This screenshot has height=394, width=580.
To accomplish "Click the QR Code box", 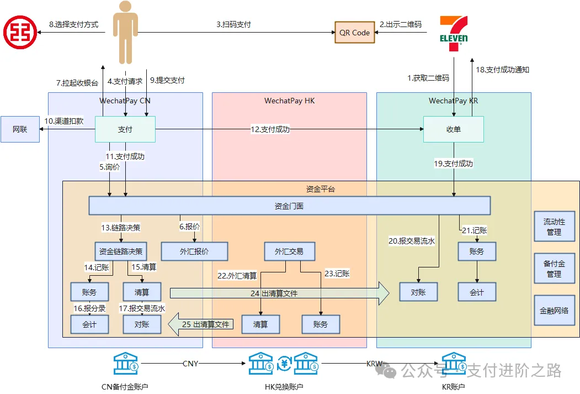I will pyautogui.click(x=354, y=33).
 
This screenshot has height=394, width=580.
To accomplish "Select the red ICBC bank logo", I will pyautogui.click(x=20, y=32).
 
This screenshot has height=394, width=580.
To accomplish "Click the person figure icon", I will pyautogui.click(x=125, y=32).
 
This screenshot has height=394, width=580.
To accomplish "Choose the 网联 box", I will pyautogui.click(x=20, y=129).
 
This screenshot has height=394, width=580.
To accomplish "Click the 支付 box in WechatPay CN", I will pyautogui.click(x=125, y=129).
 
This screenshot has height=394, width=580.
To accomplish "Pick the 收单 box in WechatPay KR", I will pyautogui.click(x=453, y=129).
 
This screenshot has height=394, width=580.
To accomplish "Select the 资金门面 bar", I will pyautogui.click(x=290, y=206).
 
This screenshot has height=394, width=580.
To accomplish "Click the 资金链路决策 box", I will pyautogui.click(x=121, y=251).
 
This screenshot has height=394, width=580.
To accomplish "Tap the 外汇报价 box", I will pyautogui.click(x=194, y=251).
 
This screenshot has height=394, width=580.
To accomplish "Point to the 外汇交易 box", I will pyautogui.click(x=291, y=251).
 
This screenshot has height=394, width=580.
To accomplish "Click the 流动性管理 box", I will pyautogui.click(x=554, y=227).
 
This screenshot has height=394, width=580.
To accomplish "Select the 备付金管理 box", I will pyautogui.click(x=554, y=269).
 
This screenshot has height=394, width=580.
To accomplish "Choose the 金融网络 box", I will pyautogui.click(x=554, y=311).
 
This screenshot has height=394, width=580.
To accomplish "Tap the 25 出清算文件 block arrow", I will pyautogui.click(x=201, y=324).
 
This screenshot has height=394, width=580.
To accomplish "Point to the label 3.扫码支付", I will pyautogui.click(x=234, y=25).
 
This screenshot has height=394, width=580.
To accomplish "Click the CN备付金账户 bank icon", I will pyautogui.click(x=126, y=364).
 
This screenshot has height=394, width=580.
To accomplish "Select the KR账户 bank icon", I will pyautogui.click(x=454, y=364).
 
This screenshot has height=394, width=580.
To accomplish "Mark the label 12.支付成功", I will pyautogui.click(x=270, y=129).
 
